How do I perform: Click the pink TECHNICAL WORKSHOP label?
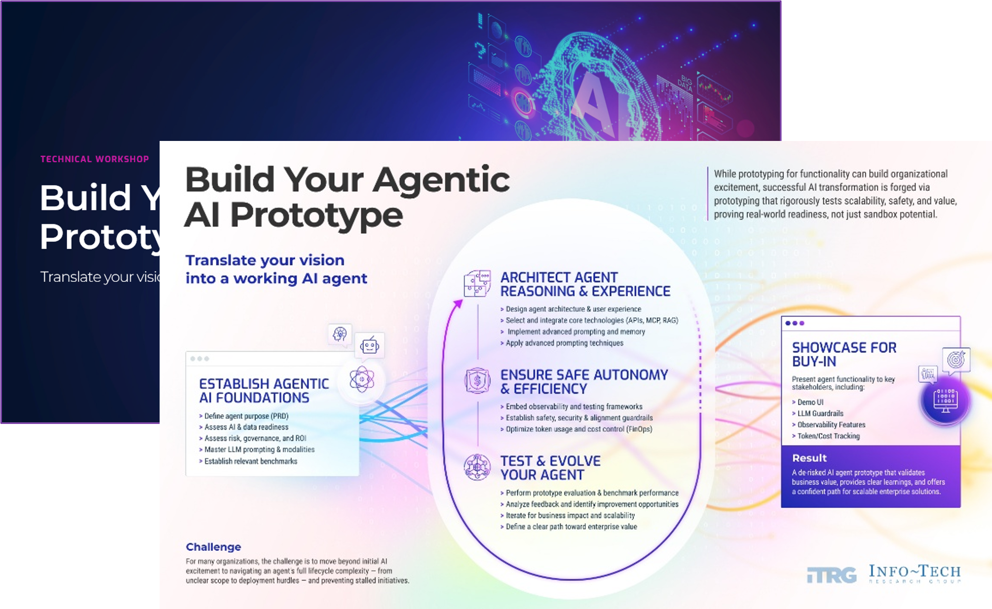[x=94, y=159]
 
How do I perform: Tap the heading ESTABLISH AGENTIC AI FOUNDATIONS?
[x=263, y=390]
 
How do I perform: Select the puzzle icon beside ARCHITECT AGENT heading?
[x=477, y=283]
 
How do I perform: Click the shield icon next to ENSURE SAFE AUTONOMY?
[x=477, y=381]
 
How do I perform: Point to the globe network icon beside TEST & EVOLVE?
[x=477, y=467]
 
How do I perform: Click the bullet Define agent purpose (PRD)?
[x=246, y=416]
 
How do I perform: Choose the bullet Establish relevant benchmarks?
[x=250, y=461]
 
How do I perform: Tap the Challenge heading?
[x=213, y=547]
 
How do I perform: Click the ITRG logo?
[x=831, y=575]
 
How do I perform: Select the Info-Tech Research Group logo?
[x=914, y=573]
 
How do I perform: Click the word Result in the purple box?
[x=809, y=458]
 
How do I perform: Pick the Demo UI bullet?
[x=810, y=402]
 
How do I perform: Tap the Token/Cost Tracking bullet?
[x=828, y=436]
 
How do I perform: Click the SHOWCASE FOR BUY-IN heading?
[x=844, y=354]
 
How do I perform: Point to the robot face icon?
[x=370, y=345]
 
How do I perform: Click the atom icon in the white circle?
[x=362, y=379]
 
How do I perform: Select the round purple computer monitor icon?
[x=945, y=400]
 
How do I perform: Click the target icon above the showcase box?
[x=956, y=359]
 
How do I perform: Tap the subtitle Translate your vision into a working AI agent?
[x=276, y=269]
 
